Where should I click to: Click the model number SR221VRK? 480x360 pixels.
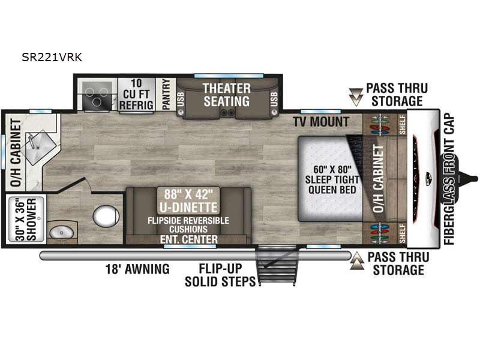[52, 57]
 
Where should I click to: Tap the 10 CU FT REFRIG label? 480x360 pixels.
[136, 94]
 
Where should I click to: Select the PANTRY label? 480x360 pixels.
[166, 94]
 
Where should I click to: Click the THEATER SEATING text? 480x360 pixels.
[227, 95]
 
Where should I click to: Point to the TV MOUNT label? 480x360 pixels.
[321, 122]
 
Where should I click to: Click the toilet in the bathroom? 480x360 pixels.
[106, 216]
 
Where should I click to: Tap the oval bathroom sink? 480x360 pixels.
[62, 233]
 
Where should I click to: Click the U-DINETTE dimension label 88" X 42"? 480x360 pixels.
[188, 194]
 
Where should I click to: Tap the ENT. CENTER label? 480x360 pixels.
[189, 239]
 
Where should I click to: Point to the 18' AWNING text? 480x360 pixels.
[137, 269]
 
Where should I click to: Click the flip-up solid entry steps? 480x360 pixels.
[277, 265]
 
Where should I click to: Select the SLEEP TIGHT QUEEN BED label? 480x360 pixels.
[332, 185]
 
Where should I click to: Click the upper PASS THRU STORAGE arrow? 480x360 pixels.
[356, 97]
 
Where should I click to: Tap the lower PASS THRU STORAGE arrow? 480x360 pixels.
[357, 261]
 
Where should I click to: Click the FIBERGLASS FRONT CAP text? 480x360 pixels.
[449, 179]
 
